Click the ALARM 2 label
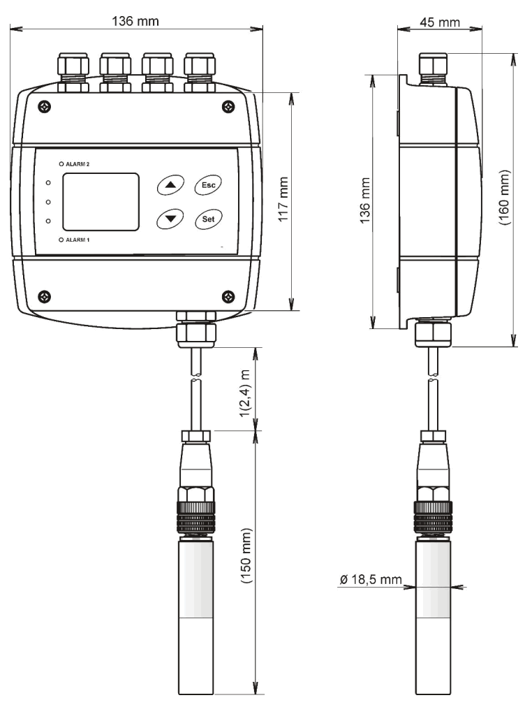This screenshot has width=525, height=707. [x=79, y=163]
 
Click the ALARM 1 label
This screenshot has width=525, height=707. [x=79, y=240]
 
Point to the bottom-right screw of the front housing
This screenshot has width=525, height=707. [x=228, y=295]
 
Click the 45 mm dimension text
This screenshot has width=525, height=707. [x=438, y=22]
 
